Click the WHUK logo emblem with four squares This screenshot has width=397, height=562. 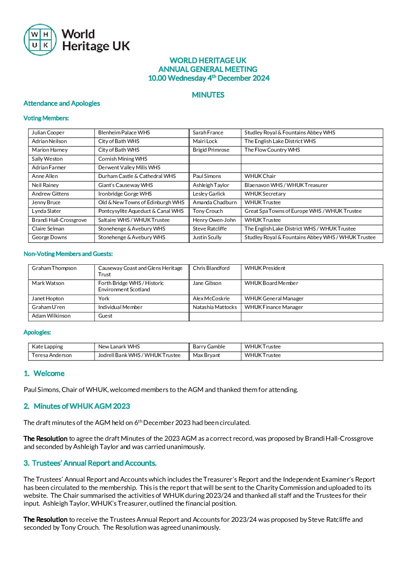pos(40,40)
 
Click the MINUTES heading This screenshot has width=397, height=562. pos(208,95)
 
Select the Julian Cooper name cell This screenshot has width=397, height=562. pos(48,133)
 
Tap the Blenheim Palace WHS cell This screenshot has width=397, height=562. pos(124,133)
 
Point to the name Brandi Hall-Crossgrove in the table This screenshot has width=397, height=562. pos(59,220)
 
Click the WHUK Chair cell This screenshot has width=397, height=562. pos(260,176)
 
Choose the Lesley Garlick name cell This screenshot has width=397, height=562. pos(209,194)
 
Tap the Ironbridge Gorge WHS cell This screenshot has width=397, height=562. pos(125,194)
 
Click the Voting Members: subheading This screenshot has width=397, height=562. pos(46,118)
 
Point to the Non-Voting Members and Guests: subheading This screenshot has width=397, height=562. pos(68,254)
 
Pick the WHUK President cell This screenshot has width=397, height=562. pos(265,268)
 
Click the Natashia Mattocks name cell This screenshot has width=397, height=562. pos(215,307)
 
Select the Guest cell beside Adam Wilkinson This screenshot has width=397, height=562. pos(105,316)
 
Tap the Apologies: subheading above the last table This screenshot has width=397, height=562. pos(37,332)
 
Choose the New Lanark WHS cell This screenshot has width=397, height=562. pos(119,347)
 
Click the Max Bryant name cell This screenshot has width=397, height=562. pos(206,355)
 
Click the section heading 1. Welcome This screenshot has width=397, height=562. pos(44,374)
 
